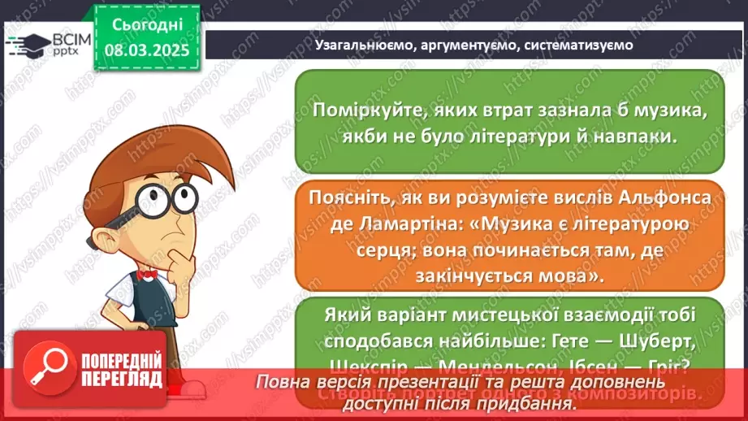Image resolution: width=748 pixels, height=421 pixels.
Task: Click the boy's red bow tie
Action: (146, 275)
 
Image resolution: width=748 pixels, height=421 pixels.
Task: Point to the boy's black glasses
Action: (166, 197)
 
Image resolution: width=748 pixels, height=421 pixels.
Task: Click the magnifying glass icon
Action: (47, 367)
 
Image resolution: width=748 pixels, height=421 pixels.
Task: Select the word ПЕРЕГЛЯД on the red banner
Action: (119, 379)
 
